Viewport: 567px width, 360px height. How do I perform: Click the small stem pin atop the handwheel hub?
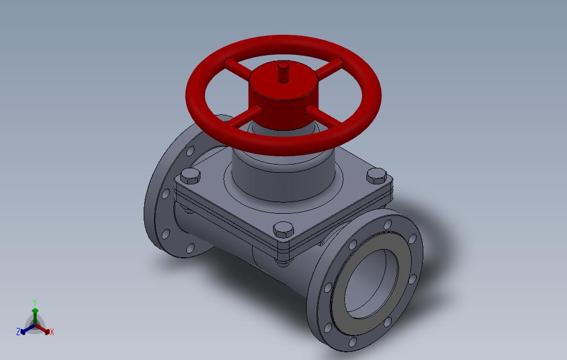point(283,72)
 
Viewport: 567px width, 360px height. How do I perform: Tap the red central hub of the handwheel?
point(283,96)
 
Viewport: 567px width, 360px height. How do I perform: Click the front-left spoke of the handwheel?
point(243,117)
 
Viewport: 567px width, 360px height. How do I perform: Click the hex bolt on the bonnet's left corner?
point(190,176)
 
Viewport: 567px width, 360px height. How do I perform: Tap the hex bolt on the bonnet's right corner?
point(376,176)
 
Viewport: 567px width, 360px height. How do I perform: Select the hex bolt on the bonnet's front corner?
point(283,230)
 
